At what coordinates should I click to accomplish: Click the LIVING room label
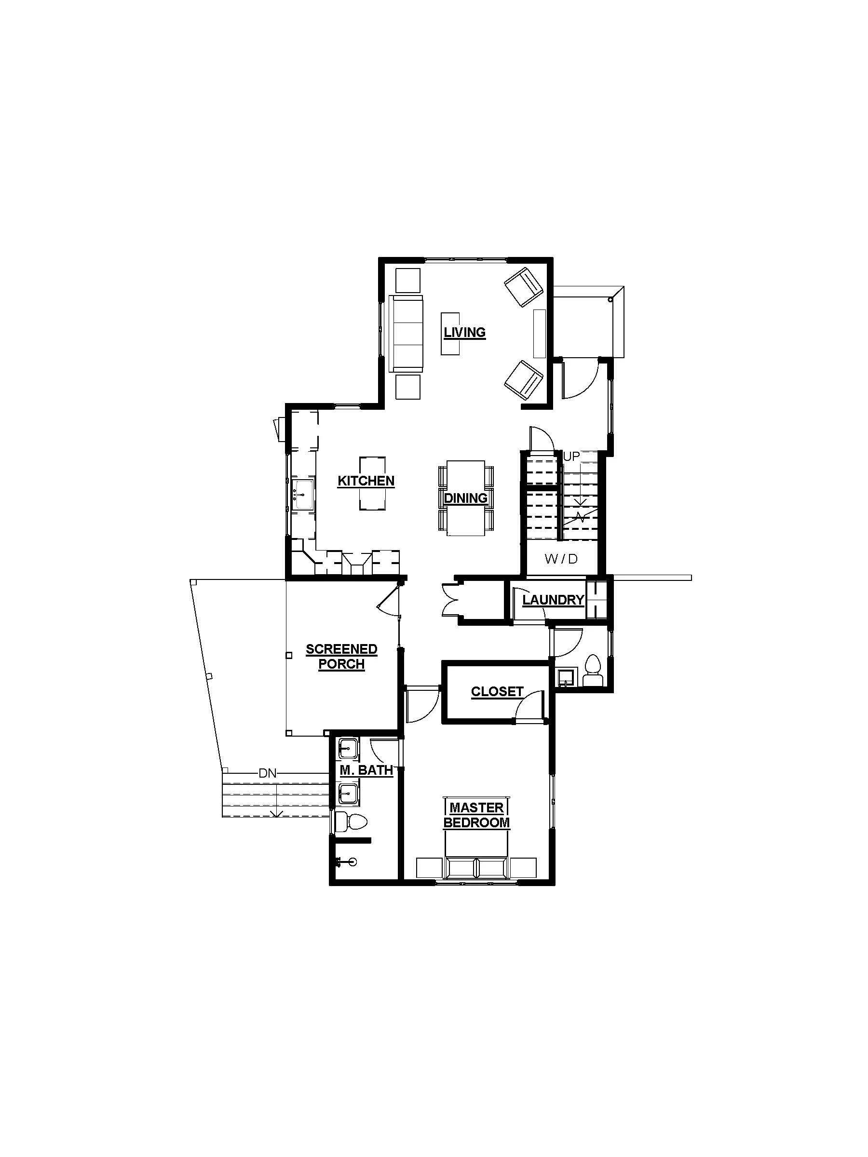[464, 332]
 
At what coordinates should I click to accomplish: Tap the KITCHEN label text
[366, 481]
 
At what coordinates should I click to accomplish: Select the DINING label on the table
[465, 498]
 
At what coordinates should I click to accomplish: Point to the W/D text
[561, 559]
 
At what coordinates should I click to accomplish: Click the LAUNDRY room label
[553, 600]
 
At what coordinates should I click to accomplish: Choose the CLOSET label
[497, 691]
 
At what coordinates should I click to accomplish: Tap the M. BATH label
[366, 770]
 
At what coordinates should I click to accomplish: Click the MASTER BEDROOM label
[476, 815]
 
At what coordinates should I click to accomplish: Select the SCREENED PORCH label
[341, 657]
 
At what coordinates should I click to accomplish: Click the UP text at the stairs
[571, 457]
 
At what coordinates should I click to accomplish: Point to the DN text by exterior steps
[267, 774]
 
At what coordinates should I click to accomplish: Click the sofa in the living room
[406, 333]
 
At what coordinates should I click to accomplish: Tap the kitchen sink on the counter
[302, 494]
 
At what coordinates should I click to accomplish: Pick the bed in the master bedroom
[475, 858]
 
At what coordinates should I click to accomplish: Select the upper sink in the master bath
[347, 749]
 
